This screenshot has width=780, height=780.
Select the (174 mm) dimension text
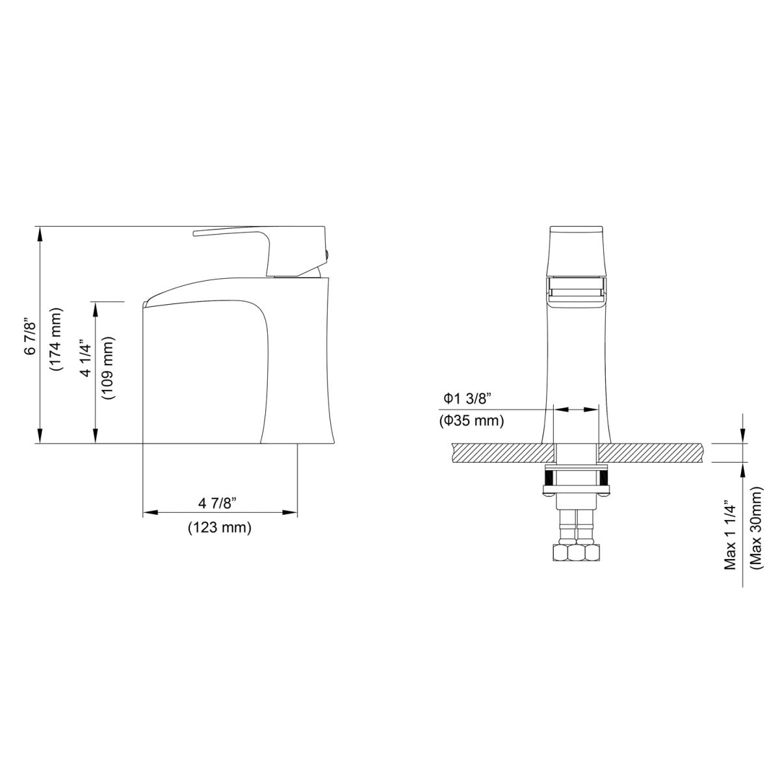pos(56,339)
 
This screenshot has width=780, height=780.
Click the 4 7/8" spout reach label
pos(218,503)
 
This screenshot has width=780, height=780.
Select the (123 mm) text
pos(219,528)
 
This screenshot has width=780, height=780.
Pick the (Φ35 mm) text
pos(471,421)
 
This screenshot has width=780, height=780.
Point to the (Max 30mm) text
pos(756,530)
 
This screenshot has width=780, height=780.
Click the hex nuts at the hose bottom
pos(576,553)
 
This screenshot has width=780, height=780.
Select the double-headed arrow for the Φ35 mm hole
pos(575,409)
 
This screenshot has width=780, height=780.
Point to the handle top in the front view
pos(576,230)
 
